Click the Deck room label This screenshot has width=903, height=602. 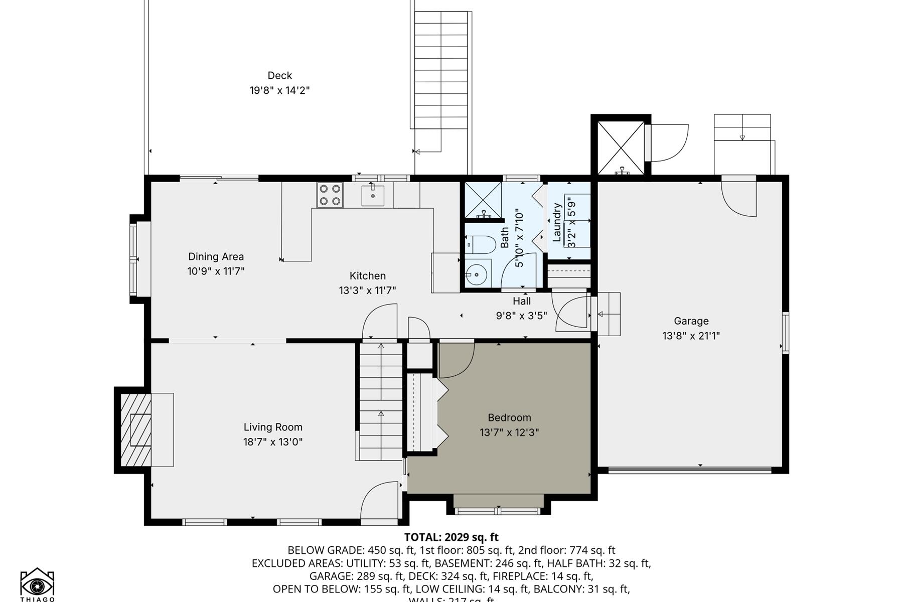pyautogui.click(x=279, y=76)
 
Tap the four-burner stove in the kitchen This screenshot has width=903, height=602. pyautogui.click(x=330, y=195)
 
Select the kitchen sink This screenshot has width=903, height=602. pyautogui.click(x=373, y=195)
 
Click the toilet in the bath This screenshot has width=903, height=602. pyautogui.click(x=482, y=245)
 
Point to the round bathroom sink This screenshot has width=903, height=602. pyautogui.click(x=474, y=274)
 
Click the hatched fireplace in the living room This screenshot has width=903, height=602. pyautogui.click(x=136, y=430)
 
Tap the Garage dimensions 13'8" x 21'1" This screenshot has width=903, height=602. pyautogui.click(x=691, y=336)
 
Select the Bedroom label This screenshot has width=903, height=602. pyautogui.click(x=509, y=417)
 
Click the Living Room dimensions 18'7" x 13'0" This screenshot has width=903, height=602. pyautogui.click(x=273, y=442)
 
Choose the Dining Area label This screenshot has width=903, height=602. pyautogui.click(x=216, y=256)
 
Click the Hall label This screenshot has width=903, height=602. pyautogui.click(x=521, y=301)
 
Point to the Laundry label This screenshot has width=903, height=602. pyautogui.click(x=556, y=222)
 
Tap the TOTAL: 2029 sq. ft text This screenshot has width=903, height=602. pyautogui.click(x=451, y=537)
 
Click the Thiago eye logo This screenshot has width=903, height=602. pyautogui.click(x=37, y=584)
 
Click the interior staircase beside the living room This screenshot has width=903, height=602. pyautogui.click(x=381, y=401)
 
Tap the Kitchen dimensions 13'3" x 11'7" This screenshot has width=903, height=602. pyautogui.click(x=367, y=290)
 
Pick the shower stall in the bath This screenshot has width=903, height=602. pyautogui.click(x=483, y=201)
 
